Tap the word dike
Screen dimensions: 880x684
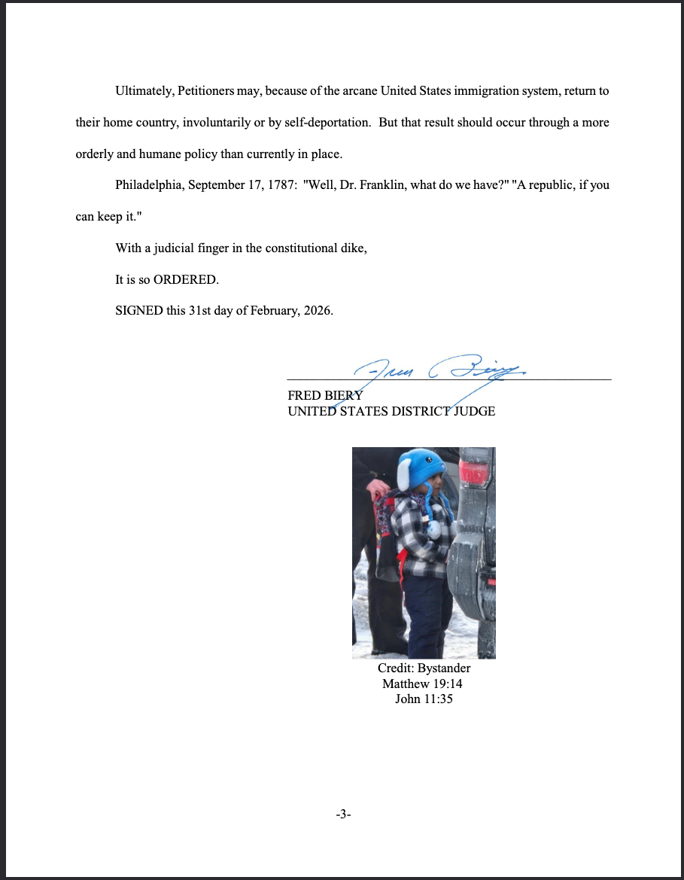pyautogui.click(x=354, y=248)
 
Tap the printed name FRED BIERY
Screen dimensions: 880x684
pyautogui.click(x=325, y=395)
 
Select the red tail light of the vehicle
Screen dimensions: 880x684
pyautogui.click(x=475, y=472)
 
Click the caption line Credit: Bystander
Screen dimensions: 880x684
pyautogui.click(x=424, y=668)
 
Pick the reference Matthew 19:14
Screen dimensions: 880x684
pyautogui.click(x=424, y=684)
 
